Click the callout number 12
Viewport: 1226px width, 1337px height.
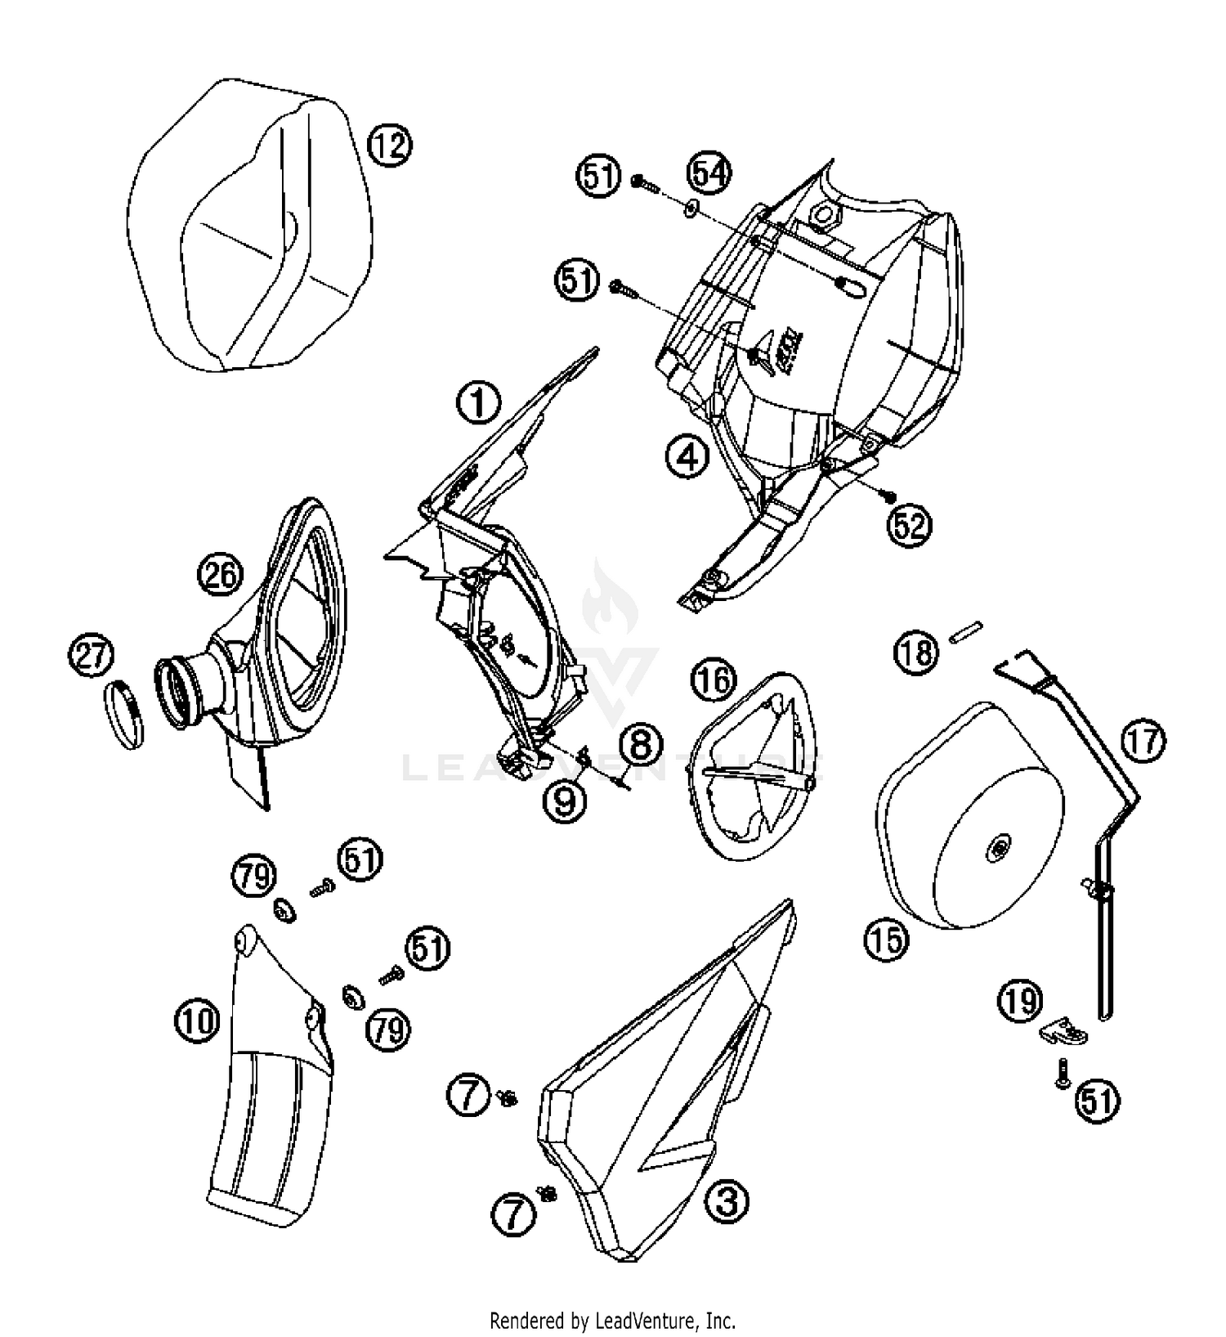[x=389, y=146]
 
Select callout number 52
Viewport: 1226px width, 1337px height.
[x=909, y=524]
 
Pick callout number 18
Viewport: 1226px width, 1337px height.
[x=916, y=653]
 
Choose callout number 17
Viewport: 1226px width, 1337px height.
[x=1143, y=741]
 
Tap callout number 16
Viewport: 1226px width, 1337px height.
[x=714, y=680]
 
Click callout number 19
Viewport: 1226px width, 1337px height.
[x=1020, y=1001]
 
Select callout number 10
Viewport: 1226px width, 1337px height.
[x=197, y=1021]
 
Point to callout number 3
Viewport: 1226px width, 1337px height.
[x=727, y=1201]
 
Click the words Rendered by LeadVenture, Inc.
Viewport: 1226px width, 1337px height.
[x=612, y=1320]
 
